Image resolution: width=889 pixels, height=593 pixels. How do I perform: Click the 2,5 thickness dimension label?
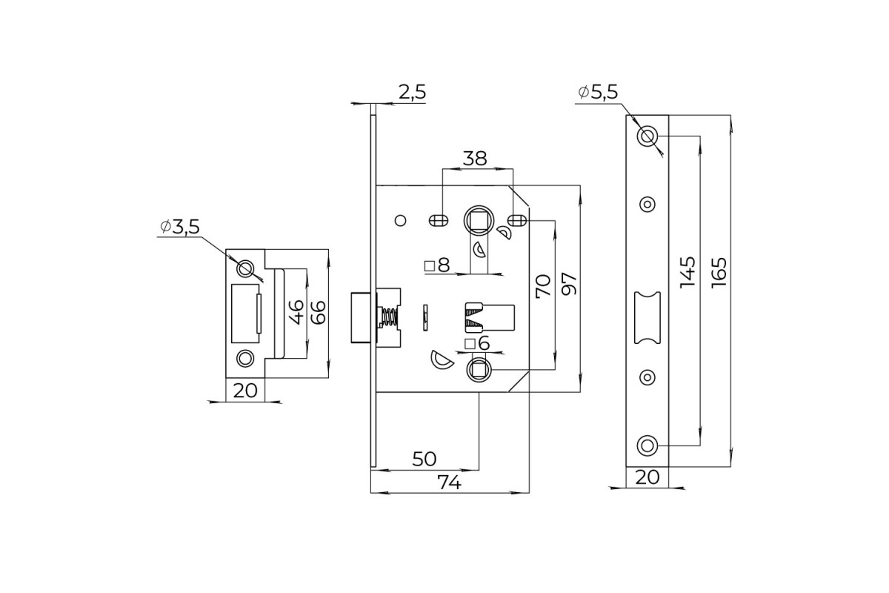click(x=413, y=92)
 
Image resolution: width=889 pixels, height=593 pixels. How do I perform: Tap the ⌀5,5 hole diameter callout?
click(x=598, y=92)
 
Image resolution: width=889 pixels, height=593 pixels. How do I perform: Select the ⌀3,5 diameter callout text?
click(x=180, y=227)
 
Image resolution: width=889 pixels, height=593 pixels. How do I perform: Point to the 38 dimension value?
click(x=475, y=159)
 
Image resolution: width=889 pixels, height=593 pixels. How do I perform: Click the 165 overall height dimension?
click(x=719, y=273)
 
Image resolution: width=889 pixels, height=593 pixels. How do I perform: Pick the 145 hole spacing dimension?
click(x=687, y=273)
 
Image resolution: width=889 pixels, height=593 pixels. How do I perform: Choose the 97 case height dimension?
click(x=569, y=284)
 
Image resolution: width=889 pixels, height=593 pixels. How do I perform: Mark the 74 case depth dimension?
click(x=449, y=483)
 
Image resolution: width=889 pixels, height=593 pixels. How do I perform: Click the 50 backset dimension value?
click(x=424, y=459)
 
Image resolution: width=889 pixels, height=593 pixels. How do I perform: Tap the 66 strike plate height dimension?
click(x=318, y=312)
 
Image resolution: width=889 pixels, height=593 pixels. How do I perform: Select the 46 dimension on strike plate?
click(x=296, y=312)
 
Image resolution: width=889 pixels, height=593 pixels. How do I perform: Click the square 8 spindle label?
click(x=437, y=265)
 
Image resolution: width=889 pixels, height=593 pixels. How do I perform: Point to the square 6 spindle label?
click(x=477, y=343)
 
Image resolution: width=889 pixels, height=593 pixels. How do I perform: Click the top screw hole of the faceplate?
click(x=647, y=136)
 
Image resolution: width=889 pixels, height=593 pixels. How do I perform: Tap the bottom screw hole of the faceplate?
click(x=647, y=445)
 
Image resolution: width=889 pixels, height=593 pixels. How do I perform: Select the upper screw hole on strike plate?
click(x=245, y=268)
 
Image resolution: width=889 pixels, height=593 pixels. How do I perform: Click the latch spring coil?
click(x=390, y=317)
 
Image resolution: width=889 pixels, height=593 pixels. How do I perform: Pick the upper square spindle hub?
click(x=479, y=220)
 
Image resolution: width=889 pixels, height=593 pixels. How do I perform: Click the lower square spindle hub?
click(x=479, y=370)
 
